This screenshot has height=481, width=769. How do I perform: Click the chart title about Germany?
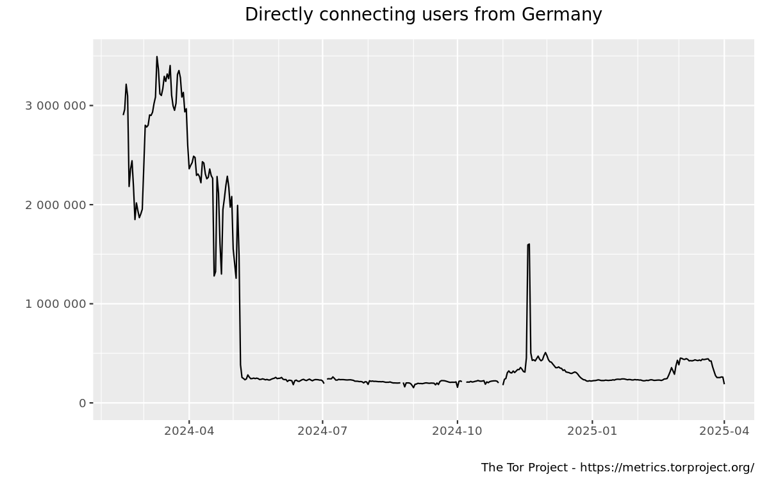coord(423,15)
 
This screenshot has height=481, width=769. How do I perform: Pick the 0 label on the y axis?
coord(82,403)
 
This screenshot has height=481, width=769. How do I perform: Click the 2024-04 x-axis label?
coord(188,430)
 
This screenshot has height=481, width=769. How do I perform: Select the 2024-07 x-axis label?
coord(322,430)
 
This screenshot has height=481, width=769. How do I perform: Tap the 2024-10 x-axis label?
coord(457,430)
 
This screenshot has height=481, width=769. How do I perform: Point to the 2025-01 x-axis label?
coord(592,430)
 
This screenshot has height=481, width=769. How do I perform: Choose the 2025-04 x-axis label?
coord(724,430)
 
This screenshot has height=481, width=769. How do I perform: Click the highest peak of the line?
coord(156,56)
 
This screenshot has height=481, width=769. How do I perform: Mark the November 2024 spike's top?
coord(529,244)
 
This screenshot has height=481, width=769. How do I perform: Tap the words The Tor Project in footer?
coord(522,467)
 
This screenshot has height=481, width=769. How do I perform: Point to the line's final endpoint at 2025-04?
coord(724,384)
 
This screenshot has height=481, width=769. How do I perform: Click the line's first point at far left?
coord(123,114)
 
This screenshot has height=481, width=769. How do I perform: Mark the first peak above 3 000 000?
coord(126,84)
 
